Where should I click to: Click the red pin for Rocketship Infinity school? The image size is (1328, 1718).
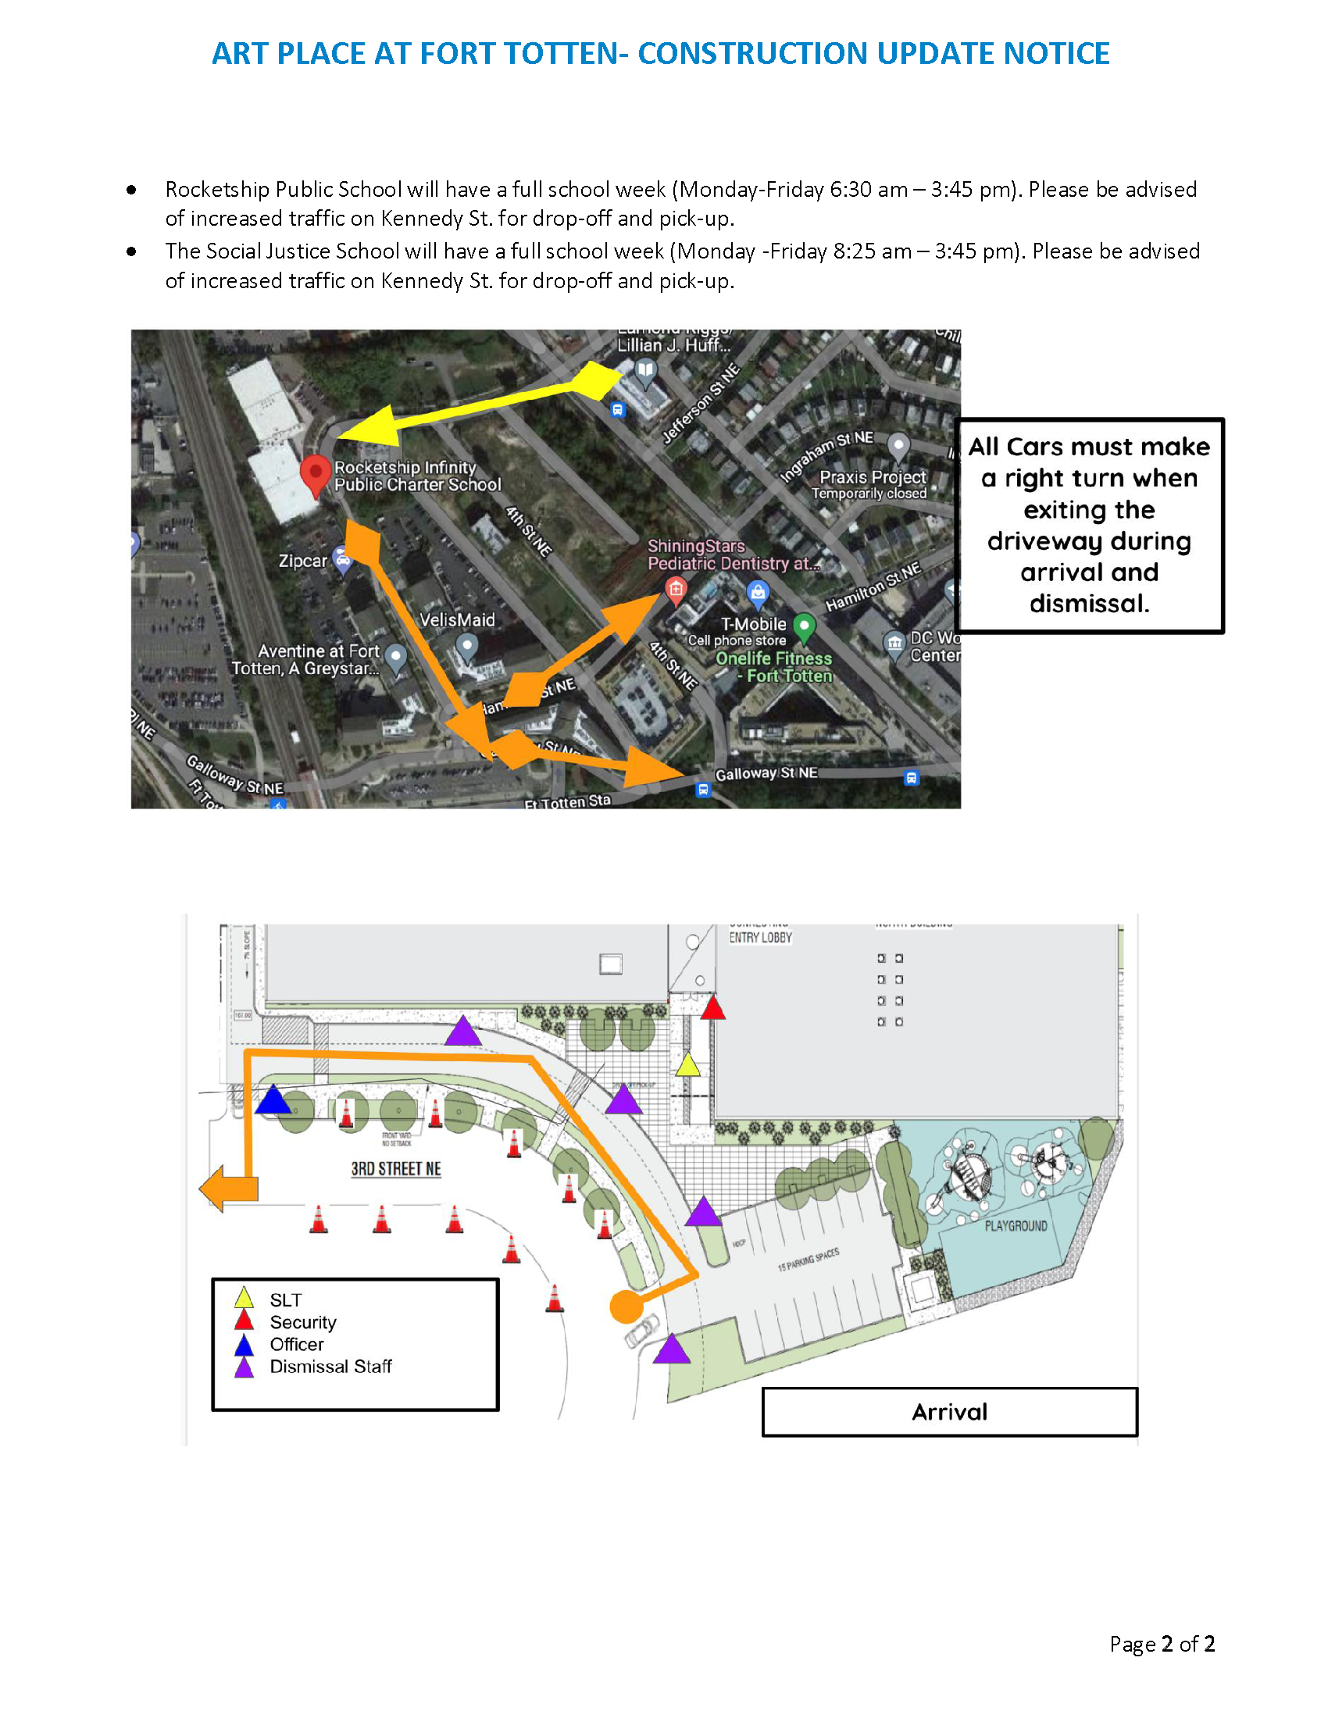(x=315, y=473)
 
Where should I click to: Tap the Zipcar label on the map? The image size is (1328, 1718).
(x=302, y=561)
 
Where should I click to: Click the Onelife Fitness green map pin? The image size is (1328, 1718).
(x=803, y=627)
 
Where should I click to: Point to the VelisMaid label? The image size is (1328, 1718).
(x=457, y=620)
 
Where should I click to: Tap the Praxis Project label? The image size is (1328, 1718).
(x=873, y=476)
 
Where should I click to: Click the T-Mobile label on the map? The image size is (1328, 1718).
(x=753, y=624)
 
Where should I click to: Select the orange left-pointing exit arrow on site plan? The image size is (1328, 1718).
(x=227, y=1188)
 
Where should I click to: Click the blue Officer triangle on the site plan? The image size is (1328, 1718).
(x=273, y=1099)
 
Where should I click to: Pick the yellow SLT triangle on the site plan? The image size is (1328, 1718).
(x=687, y=1065)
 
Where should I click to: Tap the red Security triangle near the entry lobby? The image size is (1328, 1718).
(x=712, y=1008)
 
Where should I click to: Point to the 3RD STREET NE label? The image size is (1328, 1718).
(x=396, y=1169)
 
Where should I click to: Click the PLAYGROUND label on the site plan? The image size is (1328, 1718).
(x=1016, y=1225)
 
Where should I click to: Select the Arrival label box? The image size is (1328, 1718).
(x=949, y=1412)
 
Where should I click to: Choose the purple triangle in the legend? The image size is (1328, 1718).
(x=245, y=1367)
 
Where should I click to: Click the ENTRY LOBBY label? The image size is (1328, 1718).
(x=760, y=938)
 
